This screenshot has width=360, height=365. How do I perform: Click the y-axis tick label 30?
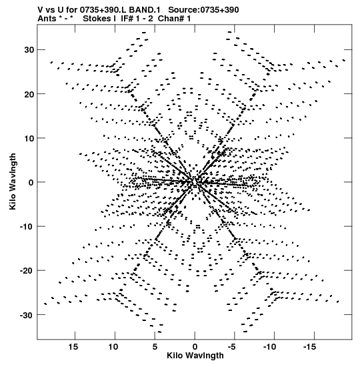pos(29,50)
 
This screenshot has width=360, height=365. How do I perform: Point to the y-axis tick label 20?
pos(29,94)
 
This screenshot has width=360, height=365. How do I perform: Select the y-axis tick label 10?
pos(29,138)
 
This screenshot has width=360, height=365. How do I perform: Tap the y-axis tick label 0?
pos(31,182)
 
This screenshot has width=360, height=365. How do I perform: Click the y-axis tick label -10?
pos(27,226)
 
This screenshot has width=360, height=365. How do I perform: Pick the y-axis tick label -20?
pos(27,271)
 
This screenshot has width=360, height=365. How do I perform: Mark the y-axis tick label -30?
pos(27,315)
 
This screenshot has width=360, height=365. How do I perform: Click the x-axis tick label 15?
pos(73,347)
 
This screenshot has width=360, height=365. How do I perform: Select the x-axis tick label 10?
pos(113,347)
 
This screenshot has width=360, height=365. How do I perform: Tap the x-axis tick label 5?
pos(155,347)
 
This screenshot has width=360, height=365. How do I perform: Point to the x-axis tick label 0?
pos(195,347)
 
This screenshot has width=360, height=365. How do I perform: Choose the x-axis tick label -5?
pos(232,347)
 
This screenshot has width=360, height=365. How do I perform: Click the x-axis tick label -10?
pos(270,347)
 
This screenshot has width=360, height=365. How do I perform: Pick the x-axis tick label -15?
pos(310,347)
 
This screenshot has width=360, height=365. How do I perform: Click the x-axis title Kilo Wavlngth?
pos(195,356)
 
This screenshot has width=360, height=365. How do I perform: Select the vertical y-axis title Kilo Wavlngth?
pos(13,181)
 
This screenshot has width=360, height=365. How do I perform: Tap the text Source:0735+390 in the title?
pos(203,10)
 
